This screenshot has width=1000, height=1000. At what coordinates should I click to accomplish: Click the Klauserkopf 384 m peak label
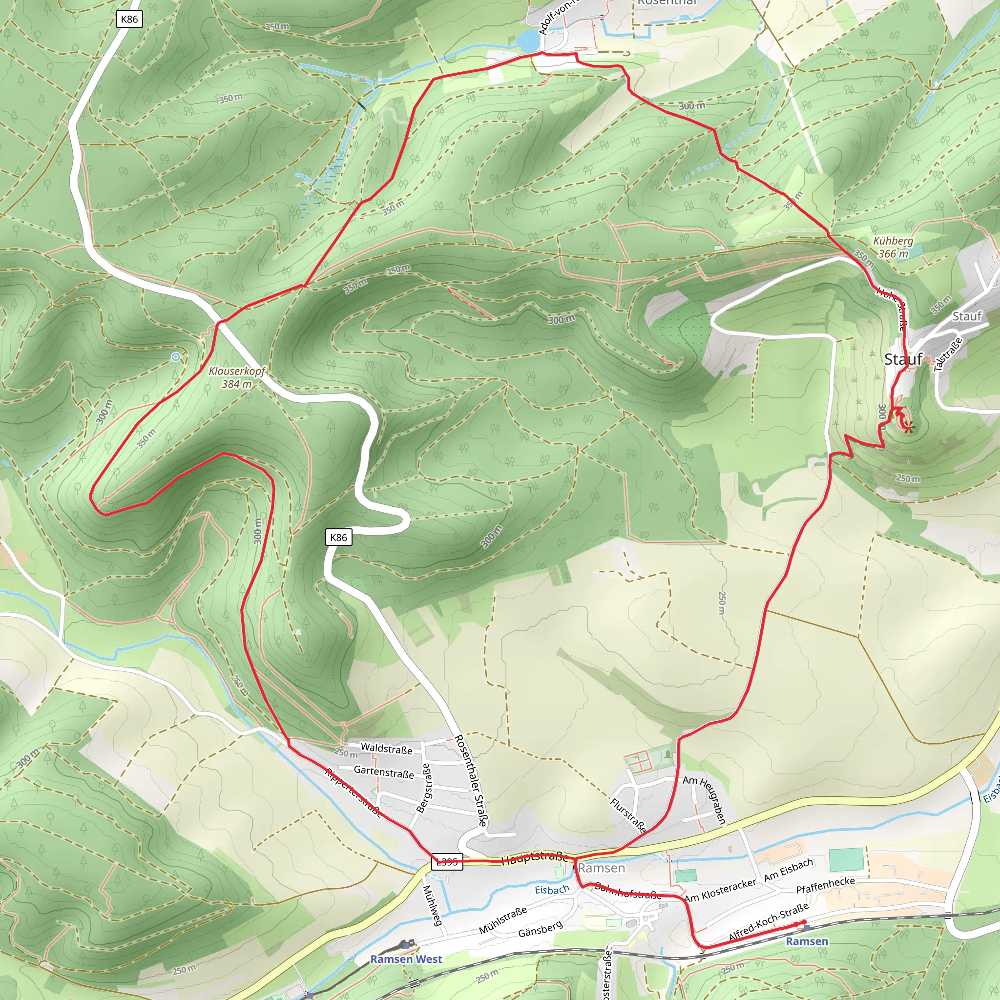tap(236, 377)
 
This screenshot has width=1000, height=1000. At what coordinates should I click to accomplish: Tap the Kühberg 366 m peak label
tap(893, 247)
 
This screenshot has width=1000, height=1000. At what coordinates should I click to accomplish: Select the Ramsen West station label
tap(406, 958)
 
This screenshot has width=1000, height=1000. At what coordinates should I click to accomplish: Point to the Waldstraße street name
tap(386, 749)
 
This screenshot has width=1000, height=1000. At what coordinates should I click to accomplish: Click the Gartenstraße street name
tap(383, 772)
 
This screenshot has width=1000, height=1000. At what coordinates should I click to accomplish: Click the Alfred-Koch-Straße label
tap(768, 922)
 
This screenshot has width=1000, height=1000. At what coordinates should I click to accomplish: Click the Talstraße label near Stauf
tap(948, 354)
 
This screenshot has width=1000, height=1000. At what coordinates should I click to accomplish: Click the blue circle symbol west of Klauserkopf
tap(176, 356)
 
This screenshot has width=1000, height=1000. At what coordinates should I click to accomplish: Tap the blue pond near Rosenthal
tap(527, 39)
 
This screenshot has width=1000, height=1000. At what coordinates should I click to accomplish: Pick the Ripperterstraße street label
tap(354, 792)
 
